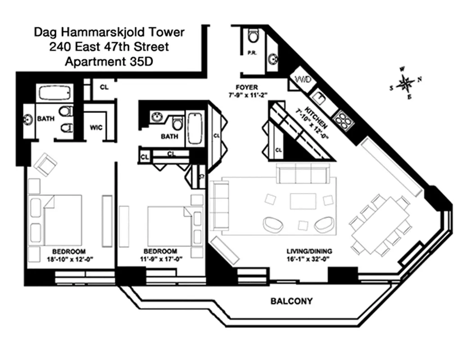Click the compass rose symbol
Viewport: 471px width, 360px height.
click(x=407, y=83)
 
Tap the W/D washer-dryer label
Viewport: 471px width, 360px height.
click(x=300, y=80)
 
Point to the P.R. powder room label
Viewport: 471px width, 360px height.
click(x=252, y=53)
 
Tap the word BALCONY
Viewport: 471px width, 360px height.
click(x=291, y=301)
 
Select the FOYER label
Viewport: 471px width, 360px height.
click(x=247, y=87)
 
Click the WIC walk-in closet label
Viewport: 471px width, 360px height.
click(x=96, y=127)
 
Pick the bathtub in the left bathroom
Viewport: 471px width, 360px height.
click(x=55, y=93)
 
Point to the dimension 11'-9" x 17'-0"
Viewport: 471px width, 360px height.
click(x=160, y=259)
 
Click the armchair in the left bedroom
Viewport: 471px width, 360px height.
click(x=45, y=165)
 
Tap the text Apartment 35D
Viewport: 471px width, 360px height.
click(x=109, y=62)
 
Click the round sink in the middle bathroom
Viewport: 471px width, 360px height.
click(x=156, y=117)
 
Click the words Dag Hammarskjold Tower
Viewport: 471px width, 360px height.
click(x=109, y=32)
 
